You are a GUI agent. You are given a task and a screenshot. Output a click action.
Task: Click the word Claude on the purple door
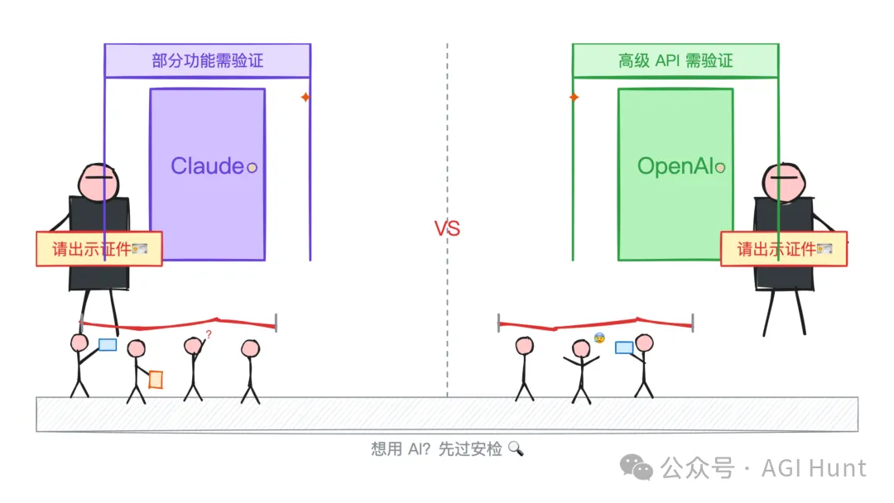(207, 165)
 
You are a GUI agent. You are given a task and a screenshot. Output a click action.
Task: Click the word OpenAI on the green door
(675, 166)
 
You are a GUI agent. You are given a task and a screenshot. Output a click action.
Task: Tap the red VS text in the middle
(447, 229)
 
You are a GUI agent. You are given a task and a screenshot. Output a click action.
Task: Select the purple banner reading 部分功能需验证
(207, 60)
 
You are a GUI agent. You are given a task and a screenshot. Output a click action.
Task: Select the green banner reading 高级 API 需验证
(675, 60)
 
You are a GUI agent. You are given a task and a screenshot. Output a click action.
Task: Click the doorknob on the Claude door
(252, 167)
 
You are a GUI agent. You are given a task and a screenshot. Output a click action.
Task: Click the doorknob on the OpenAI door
(720, 168)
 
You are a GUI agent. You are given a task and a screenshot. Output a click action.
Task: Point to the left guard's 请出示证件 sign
(99, 249)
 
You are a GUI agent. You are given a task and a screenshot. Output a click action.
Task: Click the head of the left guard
(99, 181)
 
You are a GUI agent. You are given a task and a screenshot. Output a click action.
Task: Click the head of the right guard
(783, 181)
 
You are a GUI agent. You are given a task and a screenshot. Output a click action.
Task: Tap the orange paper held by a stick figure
(156, 379)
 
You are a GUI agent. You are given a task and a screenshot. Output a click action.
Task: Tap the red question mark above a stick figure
(209, 334)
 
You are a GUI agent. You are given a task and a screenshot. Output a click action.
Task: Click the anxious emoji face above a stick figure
(598, 338)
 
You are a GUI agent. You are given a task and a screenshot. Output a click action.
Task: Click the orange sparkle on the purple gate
(305, 98)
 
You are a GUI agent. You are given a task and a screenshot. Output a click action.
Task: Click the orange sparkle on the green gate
(574, 98)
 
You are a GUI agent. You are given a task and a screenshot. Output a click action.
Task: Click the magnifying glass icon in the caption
(516, 449)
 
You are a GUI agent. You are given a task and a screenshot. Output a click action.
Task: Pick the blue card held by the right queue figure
(624, 347)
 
